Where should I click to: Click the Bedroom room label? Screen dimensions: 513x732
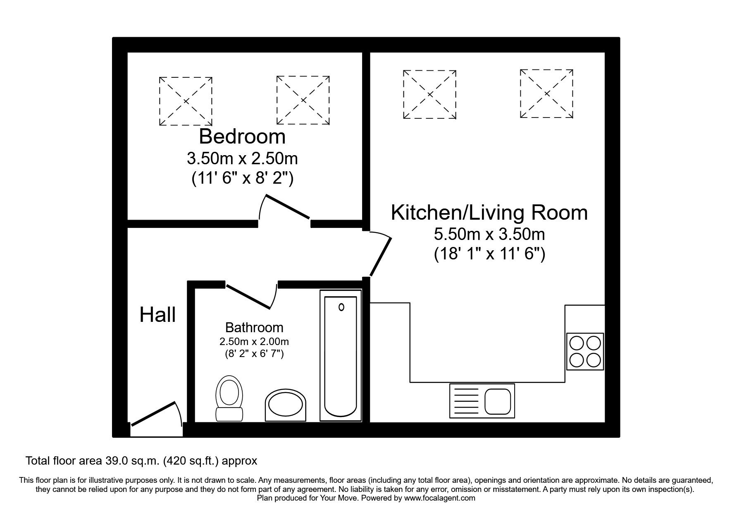click(242, 136)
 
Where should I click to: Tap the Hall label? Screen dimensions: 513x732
click(157, 315)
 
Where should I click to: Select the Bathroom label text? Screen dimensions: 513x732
click(254, 328)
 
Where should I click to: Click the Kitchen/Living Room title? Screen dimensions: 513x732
click(489, 212)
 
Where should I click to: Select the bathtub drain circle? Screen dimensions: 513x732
click(341, 307)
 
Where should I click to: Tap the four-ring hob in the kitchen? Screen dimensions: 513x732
click(584, 351)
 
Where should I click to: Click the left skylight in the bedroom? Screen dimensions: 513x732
click(186, 101)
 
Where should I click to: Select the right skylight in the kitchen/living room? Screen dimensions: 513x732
click(546, 94)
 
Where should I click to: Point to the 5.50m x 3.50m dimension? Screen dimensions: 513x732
click(489, 235)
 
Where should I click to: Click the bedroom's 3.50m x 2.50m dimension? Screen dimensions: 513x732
click(242, 158)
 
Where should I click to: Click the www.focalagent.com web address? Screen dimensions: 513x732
click(439, 499)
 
